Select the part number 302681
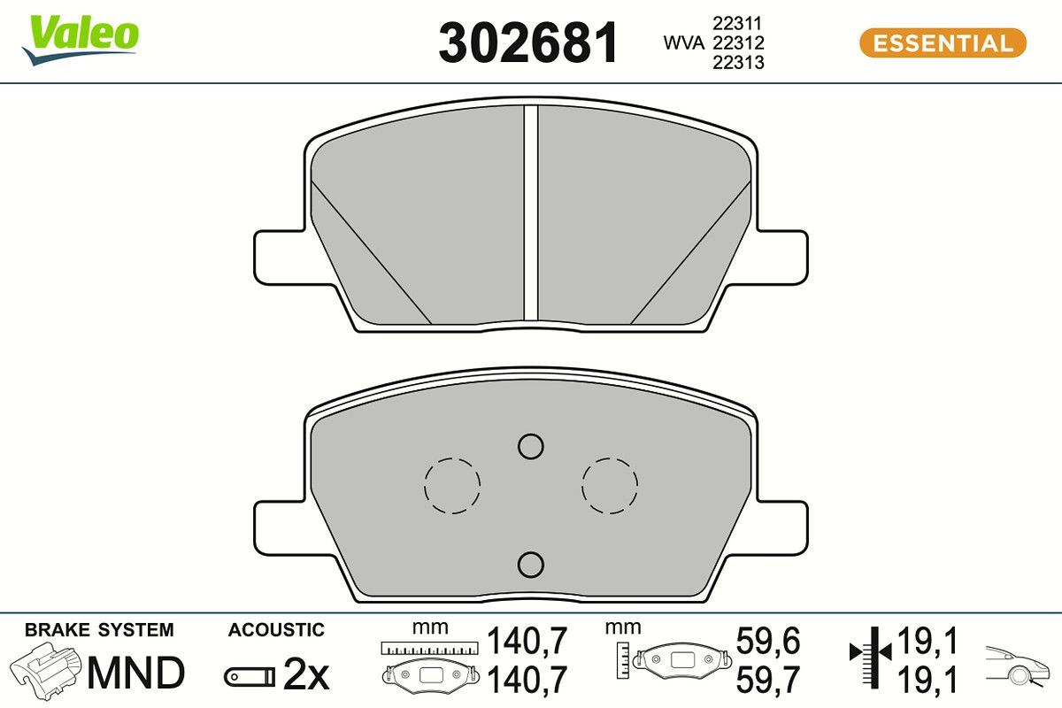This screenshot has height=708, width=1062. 528,43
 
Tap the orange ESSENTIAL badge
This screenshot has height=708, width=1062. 943,43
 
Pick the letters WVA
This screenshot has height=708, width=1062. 683,42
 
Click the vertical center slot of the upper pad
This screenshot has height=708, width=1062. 531,212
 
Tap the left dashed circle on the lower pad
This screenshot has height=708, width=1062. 452,485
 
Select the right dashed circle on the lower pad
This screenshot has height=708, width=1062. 610,485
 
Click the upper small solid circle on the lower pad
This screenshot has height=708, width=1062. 530,447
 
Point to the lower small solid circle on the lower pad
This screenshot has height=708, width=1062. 530,563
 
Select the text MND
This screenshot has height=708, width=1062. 136,673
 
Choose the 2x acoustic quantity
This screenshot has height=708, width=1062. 305,676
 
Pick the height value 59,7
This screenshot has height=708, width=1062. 768,679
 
